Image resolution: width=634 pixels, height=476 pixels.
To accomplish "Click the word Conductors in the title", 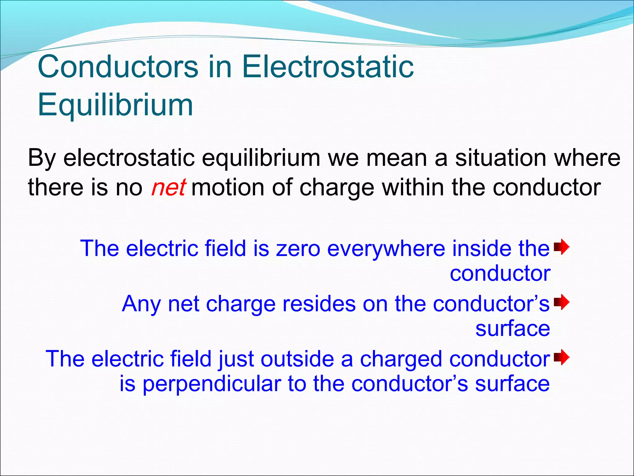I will [118, 67].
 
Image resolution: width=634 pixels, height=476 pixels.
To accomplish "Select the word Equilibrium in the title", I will [115, 105].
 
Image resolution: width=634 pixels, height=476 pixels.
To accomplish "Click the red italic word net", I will [168, 187].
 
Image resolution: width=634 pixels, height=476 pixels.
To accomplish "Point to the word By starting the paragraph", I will [42, 158].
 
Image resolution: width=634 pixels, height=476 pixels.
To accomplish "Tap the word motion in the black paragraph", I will [228, 187].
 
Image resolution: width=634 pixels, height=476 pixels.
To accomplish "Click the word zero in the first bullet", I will [298, 249].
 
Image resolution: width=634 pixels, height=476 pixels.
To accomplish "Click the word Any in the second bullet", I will [141, 304].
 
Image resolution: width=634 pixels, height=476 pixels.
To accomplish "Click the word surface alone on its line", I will [512, 328].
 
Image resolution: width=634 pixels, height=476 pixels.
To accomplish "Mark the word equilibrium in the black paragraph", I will [261, 158].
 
